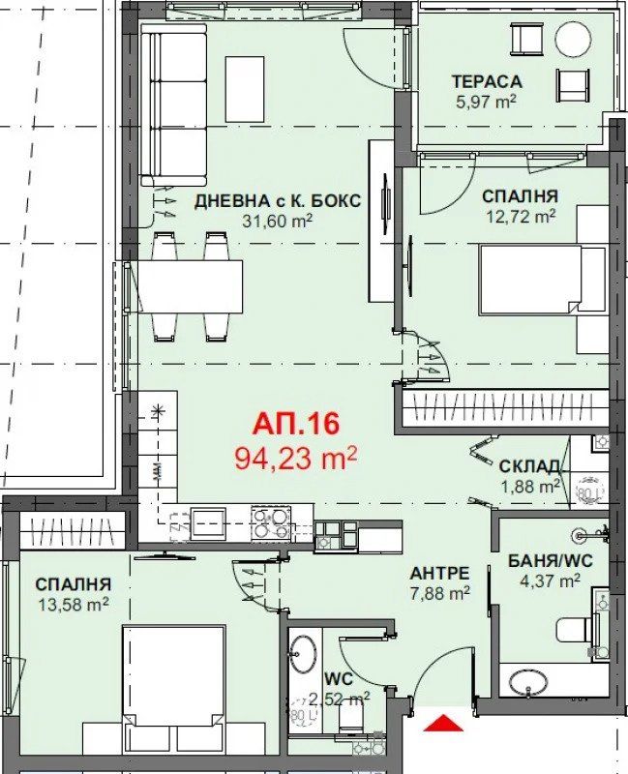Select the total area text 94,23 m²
[296, 457]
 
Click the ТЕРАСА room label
[487, 81]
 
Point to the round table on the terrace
[573, 40]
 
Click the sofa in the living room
[173, 104]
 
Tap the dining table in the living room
[191, 286]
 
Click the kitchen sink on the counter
[208, 523]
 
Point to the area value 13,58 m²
[75, 605]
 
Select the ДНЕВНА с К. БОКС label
[277, 201]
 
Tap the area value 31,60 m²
[277, 222]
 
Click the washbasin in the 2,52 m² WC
[303, 653]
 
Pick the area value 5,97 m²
[486, 100]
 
